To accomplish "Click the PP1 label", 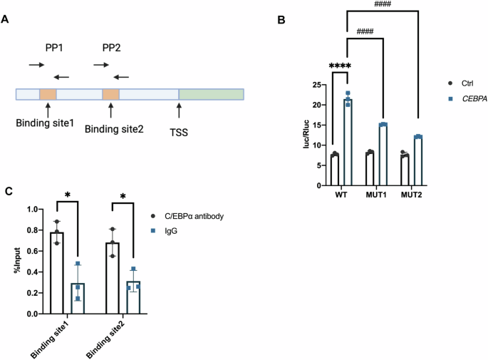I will tap(48, 48).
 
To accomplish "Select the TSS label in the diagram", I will tap(180, 132).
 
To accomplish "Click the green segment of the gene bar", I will tap(211, 94).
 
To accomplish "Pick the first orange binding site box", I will tap(47, 94).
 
